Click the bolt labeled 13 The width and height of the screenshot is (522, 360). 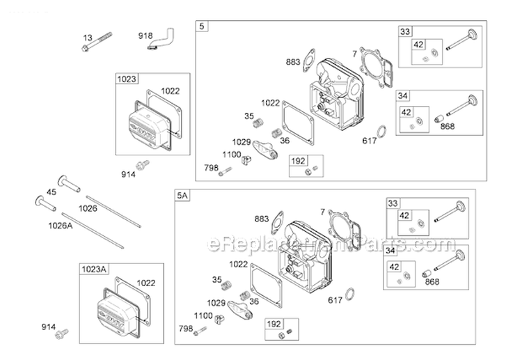pyautogui.click(x=98, y=43)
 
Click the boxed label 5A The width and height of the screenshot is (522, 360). pyautogui.click(x=182, y=196)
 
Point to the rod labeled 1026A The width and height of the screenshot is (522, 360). pyautogui.click(x=92, y=230)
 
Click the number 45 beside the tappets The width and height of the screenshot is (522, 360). pyautogui.click(x=51, y=193)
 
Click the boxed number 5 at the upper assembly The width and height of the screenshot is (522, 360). pyautogui.click(x=202, y=26)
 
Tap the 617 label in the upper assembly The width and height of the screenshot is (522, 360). pyautogui.click(x=370, y=141)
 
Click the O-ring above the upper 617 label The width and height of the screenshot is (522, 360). pyautogui.click(x=381, y=131)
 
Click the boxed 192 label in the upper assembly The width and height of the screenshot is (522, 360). pyautogui.click(x=298, y=160)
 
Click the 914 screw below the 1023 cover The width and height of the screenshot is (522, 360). pyautogui.click(x=143, y=165)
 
